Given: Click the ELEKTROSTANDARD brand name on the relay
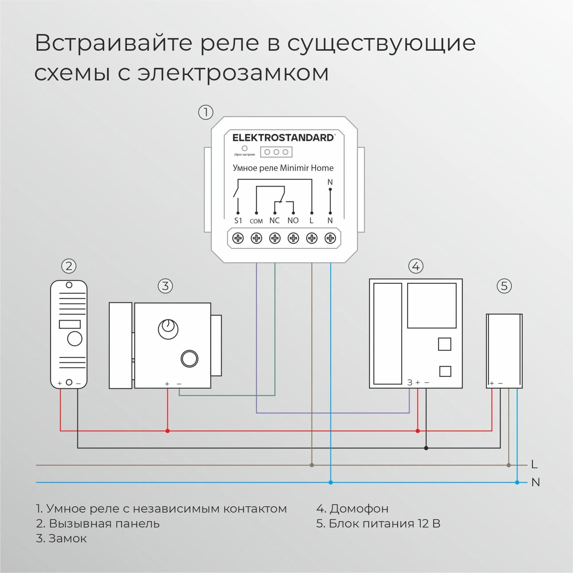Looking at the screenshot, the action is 284,138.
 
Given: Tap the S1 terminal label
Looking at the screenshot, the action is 238,221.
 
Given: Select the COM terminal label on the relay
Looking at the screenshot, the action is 256,221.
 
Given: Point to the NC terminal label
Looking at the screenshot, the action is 275,221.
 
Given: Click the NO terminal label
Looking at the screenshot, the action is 293,221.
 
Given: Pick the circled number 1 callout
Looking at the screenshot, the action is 205,112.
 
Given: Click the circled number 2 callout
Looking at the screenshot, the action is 69,266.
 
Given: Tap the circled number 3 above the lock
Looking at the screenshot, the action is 165,286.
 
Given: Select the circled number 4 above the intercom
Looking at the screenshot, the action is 415,266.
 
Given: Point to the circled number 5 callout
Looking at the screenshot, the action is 504,286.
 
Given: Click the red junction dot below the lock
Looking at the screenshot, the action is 168,431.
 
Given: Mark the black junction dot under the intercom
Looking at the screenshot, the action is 426,448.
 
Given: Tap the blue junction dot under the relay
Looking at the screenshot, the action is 331,482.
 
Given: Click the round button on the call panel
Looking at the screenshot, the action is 75,339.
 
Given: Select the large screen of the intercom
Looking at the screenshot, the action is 431,305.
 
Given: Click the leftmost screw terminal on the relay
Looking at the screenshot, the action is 238,238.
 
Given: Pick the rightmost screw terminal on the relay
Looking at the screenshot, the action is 330,238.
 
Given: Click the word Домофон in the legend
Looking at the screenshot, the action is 359,509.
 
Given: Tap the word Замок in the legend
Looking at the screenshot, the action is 68,538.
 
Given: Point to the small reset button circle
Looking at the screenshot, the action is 245,148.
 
